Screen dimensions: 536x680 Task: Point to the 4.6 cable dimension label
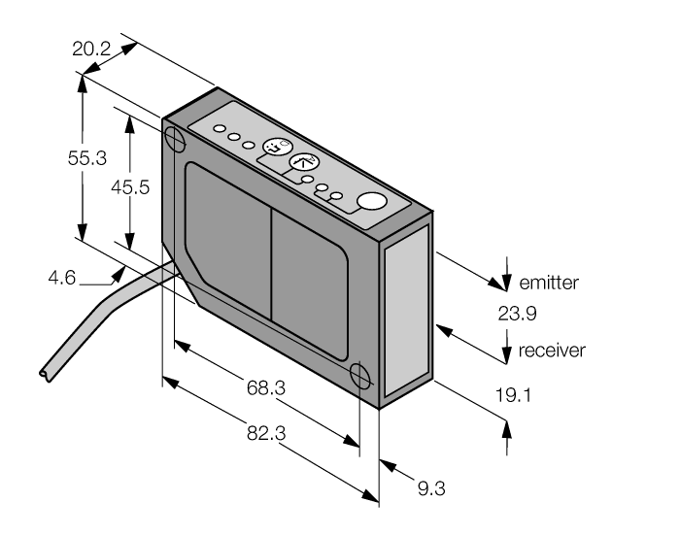62,279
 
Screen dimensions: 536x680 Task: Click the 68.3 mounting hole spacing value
264,387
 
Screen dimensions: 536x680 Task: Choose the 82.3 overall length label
264,434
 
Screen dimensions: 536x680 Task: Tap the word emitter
549,284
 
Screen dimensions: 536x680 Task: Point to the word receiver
552,351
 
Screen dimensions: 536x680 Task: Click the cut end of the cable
42,372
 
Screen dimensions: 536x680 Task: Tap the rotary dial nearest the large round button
304,163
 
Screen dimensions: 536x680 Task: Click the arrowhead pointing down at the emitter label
505,283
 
